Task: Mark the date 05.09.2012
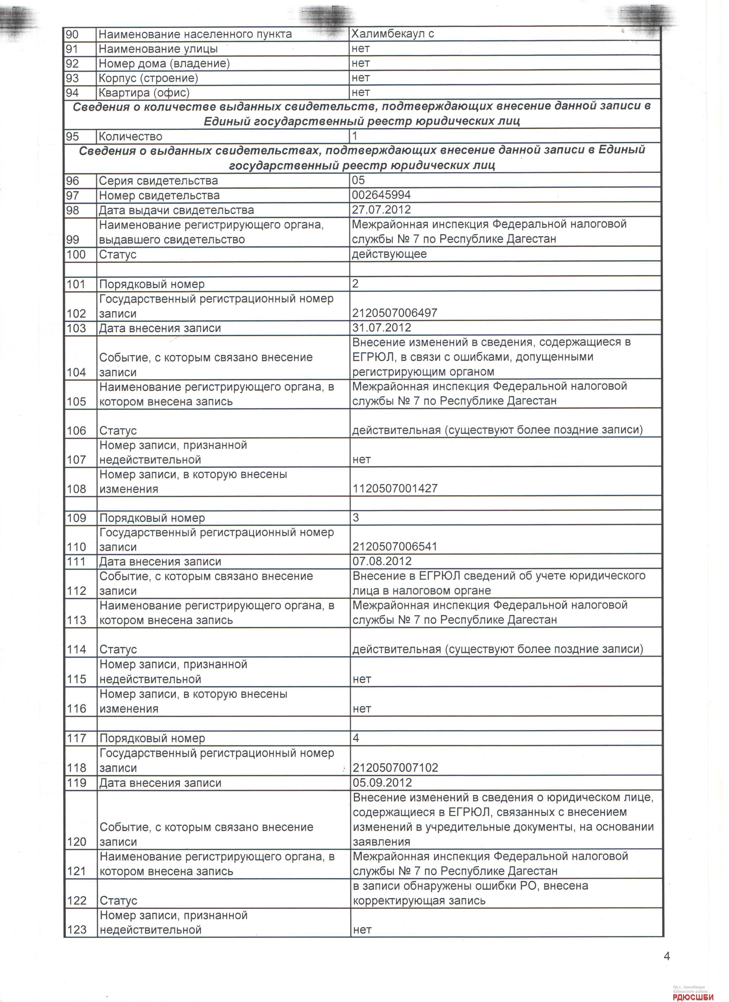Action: [x=383, y=783]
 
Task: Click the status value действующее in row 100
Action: [x=389, y=254]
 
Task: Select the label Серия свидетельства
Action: [x=158, y=181]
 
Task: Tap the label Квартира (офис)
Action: [x=144, y=93]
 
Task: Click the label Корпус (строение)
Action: [x=148, y=78]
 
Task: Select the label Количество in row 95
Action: [x=130, y=137]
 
